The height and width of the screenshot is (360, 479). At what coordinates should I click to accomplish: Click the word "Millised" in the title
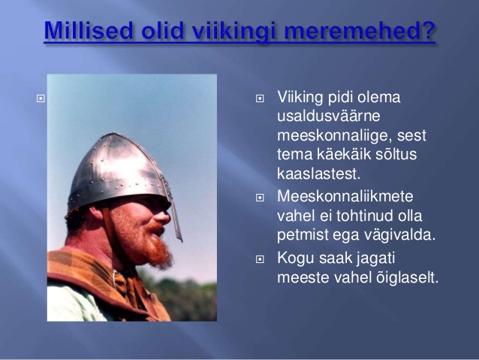click(89, 31)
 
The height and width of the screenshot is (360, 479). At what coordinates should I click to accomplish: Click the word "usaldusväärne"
click(328, 116)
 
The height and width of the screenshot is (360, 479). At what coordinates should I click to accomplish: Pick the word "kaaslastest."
click(319, 174)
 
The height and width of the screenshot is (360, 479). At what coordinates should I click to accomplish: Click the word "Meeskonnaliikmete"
click(345, 196)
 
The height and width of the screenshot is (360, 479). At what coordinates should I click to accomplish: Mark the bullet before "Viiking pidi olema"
click(260, 98)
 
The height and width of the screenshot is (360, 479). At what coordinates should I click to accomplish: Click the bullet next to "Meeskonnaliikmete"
click(260, 198)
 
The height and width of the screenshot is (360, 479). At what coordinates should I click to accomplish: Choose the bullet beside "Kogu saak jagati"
click(260, 259)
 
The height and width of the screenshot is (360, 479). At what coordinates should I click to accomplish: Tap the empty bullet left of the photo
click(41, 98)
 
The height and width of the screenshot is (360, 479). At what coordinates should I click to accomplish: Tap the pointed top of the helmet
click(113, 135)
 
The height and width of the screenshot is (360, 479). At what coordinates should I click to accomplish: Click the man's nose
click(162, 216)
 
